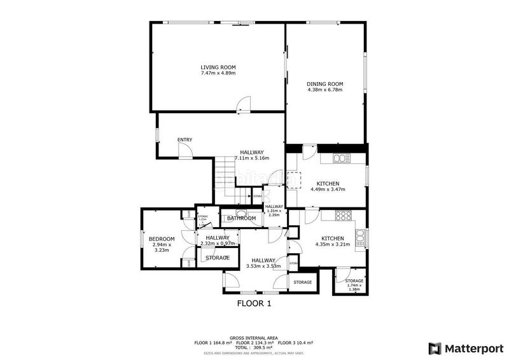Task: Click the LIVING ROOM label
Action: tap(218, 67)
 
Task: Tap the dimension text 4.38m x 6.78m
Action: tap(324, 90)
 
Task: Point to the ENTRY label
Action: tap(185, 140)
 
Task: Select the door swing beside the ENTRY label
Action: tap(185, 150)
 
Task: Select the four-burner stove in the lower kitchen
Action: tap(344, 216)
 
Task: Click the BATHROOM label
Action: tap(242, 219)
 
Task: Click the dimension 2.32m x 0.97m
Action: tap(217, 244)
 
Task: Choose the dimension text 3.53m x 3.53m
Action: tap(262, 267)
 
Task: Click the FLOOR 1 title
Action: tap(254, 303)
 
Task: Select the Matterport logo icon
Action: tap(435, 348)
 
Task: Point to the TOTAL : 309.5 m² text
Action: tap(254, 348)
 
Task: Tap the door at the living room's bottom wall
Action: tap(241, 108)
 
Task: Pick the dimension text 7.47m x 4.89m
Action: tap(218, 73)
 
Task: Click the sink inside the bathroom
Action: tap(241, 213)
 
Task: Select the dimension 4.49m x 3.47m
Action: tap(328, 190)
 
